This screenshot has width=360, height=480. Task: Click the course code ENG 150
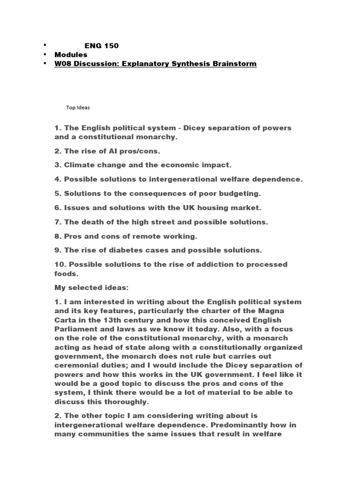point(101,45)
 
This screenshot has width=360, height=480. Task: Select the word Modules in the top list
point(71,54)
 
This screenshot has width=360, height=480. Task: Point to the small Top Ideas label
point(77,107)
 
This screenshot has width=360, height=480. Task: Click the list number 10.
point(60,264)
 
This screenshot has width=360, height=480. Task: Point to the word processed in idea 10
point(266,264)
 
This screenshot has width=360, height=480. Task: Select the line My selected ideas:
point(88,288)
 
